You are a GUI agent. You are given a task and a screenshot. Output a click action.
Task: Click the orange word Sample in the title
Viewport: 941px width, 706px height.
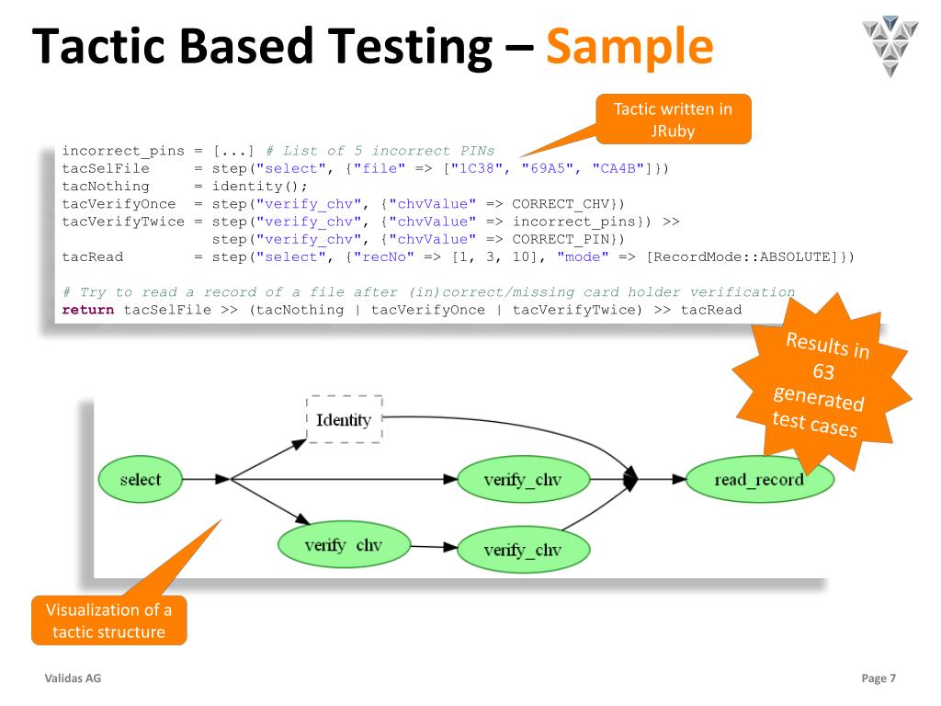pyautogui.click(x=629, y=47)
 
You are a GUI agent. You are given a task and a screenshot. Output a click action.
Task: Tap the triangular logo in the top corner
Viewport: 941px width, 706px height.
pyautogui.click(x=890, y=44)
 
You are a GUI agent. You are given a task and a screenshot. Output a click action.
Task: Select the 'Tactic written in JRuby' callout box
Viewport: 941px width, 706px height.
pyautogui.click(x=674, y=120)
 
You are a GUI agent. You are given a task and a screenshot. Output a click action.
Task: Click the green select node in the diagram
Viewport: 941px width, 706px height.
pyautogui.click(x=141, y=479)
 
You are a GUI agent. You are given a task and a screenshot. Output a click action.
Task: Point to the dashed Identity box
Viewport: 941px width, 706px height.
pyautogui.click(x=344, y=420)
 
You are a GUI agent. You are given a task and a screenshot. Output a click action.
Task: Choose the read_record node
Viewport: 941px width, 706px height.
pyautogui.click(x=758, y=479)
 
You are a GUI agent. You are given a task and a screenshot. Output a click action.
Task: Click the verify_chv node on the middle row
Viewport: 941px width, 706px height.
pyautogui.click(x=522, y=479)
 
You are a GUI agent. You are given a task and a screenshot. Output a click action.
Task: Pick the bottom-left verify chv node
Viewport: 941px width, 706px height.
pyautogui.click(x=344, y=545)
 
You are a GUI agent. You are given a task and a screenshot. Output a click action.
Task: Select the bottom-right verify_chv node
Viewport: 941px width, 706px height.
pyautogui.click(x=522, y=550)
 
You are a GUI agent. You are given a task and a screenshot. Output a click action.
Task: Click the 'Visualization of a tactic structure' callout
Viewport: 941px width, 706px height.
pyautogui.click(x=108, y=621)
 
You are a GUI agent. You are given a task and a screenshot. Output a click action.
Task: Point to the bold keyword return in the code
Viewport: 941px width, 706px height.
pyautogui.click(x=88, y=309)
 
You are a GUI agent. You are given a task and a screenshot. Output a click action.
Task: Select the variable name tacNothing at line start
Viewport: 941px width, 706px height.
pyautogui.click(x=105, y=186)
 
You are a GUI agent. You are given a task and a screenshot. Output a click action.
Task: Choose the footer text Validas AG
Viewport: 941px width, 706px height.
pyautogui.click(x=74, y=678)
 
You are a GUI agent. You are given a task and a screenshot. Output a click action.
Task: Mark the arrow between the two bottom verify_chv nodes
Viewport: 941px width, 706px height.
pyautogui.click(x=433, y=547)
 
